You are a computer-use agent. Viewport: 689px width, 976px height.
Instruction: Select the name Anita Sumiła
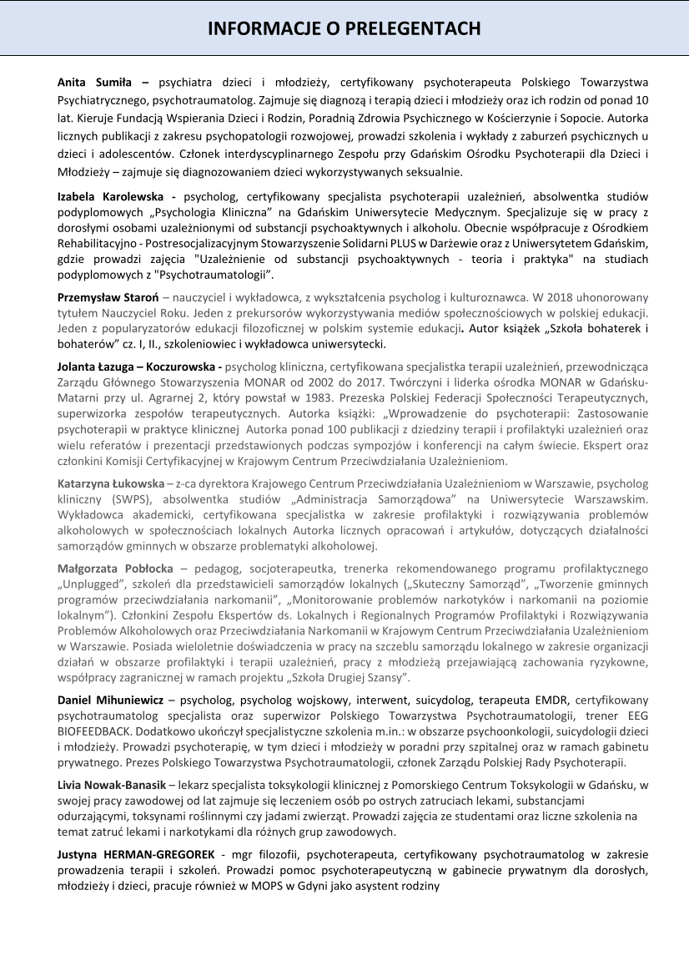[x=95, y=83]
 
